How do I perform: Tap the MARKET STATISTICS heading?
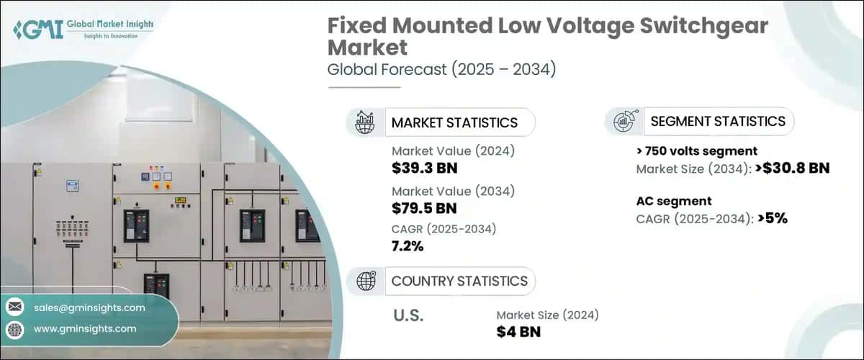coord(454,122)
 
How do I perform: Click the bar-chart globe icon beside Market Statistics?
coord(365,122)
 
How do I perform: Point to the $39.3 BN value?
coord(425,168)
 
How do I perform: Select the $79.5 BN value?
coord(425,208)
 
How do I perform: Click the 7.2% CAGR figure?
coord(408,246)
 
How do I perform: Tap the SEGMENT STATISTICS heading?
coord(718,121)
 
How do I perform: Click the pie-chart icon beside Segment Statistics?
coord(623,122)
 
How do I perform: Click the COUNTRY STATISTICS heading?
coord(459,281)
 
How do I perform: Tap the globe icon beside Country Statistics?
coord(366,281)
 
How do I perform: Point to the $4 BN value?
coord(518,331)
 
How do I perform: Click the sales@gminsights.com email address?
coord(89,307)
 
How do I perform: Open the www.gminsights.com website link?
coord(84,328)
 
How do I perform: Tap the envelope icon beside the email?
coord(15,307)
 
